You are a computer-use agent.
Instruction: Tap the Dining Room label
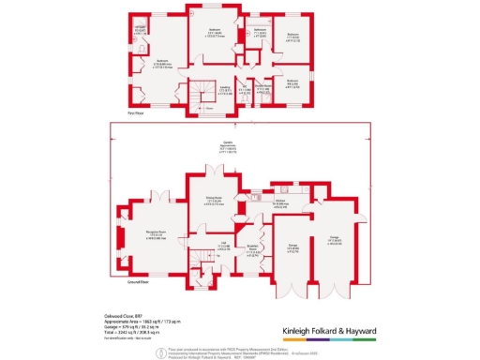213,198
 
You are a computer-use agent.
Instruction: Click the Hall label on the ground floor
225,246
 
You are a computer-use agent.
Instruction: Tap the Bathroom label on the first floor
260,29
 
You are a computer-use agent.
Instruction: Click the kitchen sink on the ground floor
255,198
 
